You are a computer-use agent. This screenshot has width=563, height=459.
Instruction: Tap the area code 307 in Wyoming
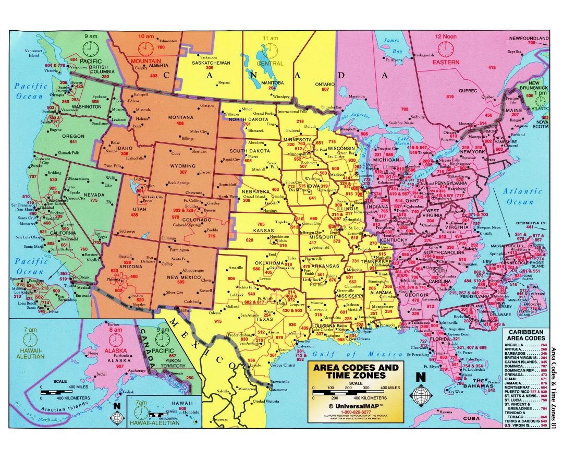pyautogui.click(x=183, y=172)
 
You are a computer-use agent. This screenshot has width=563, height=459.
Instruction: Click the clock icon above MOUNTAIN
pyautogui.click(x=145, y=49)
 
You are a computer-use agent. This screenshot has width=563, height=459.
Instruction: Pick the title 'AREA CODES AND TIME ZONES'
pyautogui.click(x=355, y=371)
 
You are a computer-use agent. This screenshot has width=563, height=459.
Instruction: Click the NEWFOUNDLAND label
pyautogui.click(x=529, y=38)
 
